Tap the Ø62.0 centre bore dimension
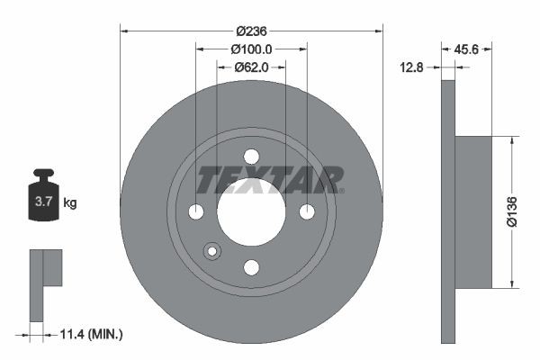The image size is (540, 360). click(x=251, y=67)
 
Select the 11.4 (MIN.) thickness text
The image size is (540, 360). click(x=89, y=335)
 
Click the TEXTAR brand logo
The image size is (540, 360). click(x=270, y=180)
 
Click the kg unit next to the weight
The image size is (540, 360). click(x=69, y=203)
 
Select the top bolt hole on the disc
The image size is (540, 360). click(x=251, y=157)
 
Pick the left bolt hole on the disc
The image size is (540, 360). click(x=196, y=212)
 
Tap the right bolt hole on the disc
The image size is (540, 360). click(x=307, y=212)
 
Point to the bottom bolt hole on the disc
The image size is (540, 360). click(x=251, y=267)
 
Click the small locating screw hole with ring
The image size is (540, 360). click(x=212, y=251)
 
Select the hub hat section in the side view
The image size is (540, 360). click(x=473, y=212)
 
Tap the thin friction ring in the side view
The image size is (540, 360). click(x=448, y=212)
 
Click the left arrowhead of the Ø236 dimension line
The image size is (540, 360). click(x=123, y=31)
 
